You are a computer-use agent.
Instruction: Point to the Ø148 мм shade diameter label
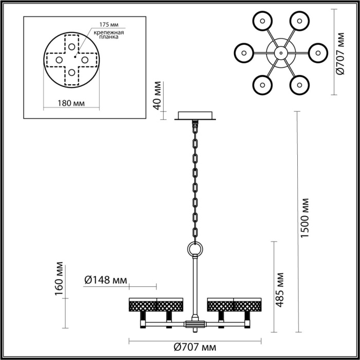pos(105,280)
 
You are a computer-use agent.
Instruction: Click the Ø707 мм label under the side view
pos(194,349)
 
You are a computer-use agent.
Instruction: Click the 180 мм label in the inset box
pos(70,103)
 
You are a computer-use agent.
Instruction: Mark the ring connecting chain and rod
pos(195,249)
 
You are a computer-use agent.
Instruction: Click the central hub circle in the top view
pos(281,52)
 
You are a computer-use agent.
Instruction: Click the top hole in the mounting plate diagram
pos(70,46)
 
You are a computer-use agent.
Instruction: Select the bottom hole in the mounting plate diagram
pos(70,72)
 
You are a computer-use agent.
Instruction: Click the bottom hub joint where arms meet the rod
pos(195,324)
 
